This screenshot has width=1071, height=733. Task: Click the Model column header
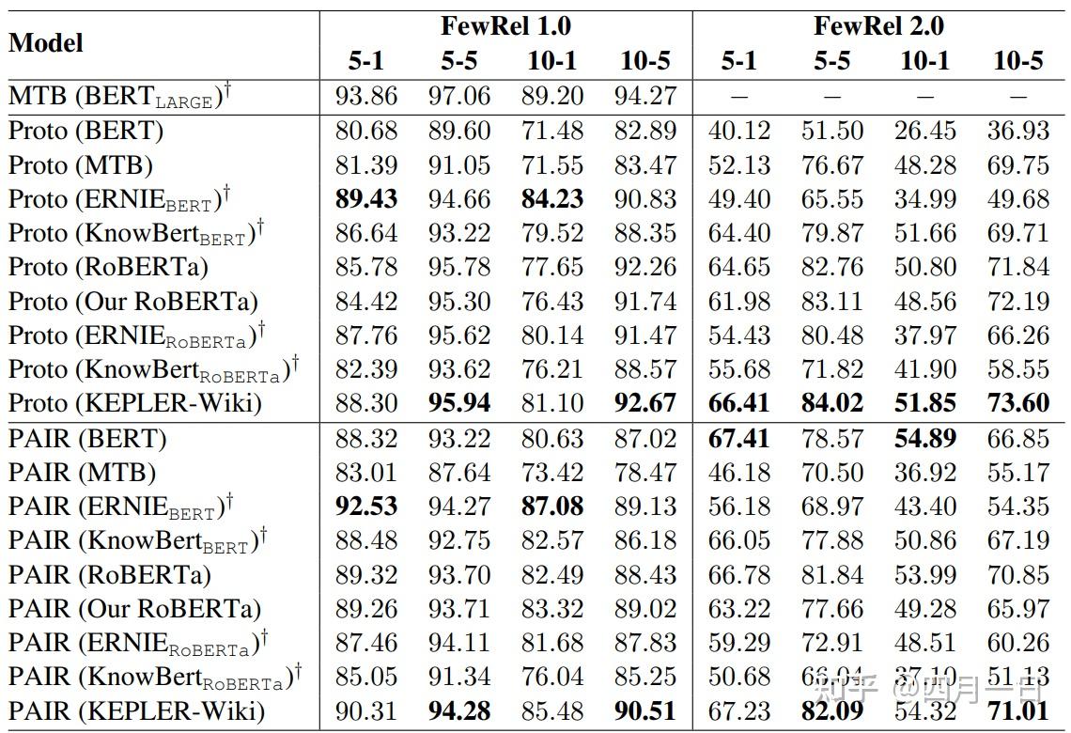tap(46, 43)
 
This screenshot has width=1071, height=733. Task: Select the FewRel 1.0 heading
tap(505, 25)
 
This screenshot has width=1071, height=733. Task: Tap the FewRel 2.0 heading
tap(878, 25)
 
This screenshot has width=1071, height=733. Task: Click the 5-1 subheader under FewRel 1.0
tap(365, 61)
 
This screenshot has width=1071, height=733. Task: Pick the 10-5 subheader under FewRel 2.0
tap(1018, 61)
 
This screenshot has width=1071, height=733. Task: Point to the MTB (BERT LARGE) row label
tap(120, 97)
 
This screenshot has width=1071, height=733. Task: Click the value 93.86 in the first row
tap(365, 97)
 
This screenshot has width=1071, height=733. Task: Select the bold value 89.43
tap(365, 199)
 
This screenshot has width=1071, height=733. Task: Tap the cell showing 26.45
tap(925, 131)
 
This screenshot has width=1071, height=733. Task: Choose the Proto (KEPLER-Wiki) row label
tap(134, 403)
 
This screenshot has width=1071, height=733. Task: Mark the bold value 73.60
tap(1018, 403)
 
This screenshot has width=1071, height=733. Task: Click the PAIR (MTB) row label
tap(83, 473)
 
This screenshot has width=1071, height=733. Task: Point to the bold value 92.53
tap(365, 507)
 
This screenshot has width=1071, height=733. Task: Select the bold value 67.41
tap(738, 439)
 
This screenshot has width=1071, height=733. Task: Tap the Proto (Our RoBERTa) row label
tap(133, 302)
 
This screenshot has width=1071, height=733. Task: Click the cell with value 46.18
tap(738, 473)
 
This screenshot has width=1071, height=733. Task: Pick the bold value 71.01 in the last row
tap(1018, 711)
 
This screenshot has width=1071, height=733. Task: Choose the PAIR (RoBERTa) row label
tap(110, 575)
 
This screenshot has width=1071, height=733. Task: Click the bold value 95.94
tap(459, 403)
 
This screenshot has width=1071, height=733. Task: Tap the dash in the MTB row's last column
tap(1018, 97)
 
